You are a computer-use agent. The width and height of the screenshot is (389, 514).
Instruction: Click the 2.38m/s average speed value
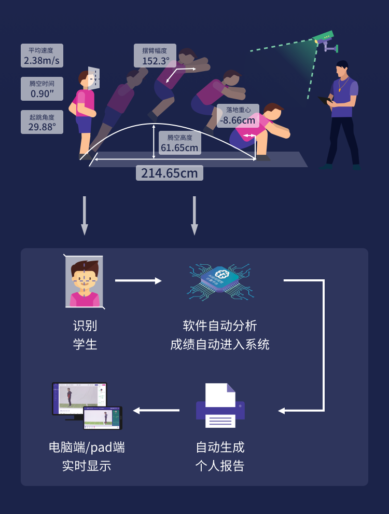(41, 61)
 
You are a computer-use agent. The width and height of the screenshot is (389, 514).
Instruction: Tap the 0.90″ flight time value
(41, 94)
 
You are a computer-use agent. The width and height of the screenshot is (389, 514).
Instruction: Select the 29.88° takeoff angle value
(41, 127)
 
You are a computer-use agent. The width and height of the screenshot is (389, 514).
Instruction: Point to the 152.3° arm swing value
(156, 61)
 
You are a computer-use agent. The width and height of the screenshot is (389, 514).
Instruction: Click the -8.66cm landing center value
(238, 121)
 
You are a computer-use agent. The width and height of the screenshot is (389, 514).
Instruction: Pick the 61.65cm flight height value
(179, 148)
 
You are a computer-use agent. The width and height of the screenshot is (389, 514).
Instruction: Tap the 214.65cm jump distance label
(170, 173)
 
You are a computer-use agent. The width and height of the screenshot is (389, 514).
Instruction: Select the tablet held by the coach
(325, 100)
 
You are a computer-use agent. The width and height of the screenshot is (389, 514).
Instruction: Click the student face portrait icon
(84, 282)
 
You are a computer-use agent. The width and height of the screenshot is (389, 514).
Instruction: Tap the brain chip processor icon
(222, 280)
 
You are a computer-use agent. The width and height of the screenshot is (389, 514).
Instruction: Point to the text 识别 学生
(85, 335)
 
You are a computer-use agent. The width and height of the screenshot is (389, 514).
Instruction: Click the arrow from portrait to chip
(138, 281)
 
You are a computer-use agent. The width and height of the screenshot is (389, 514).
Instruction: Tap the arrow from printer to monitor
(156, 410)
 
